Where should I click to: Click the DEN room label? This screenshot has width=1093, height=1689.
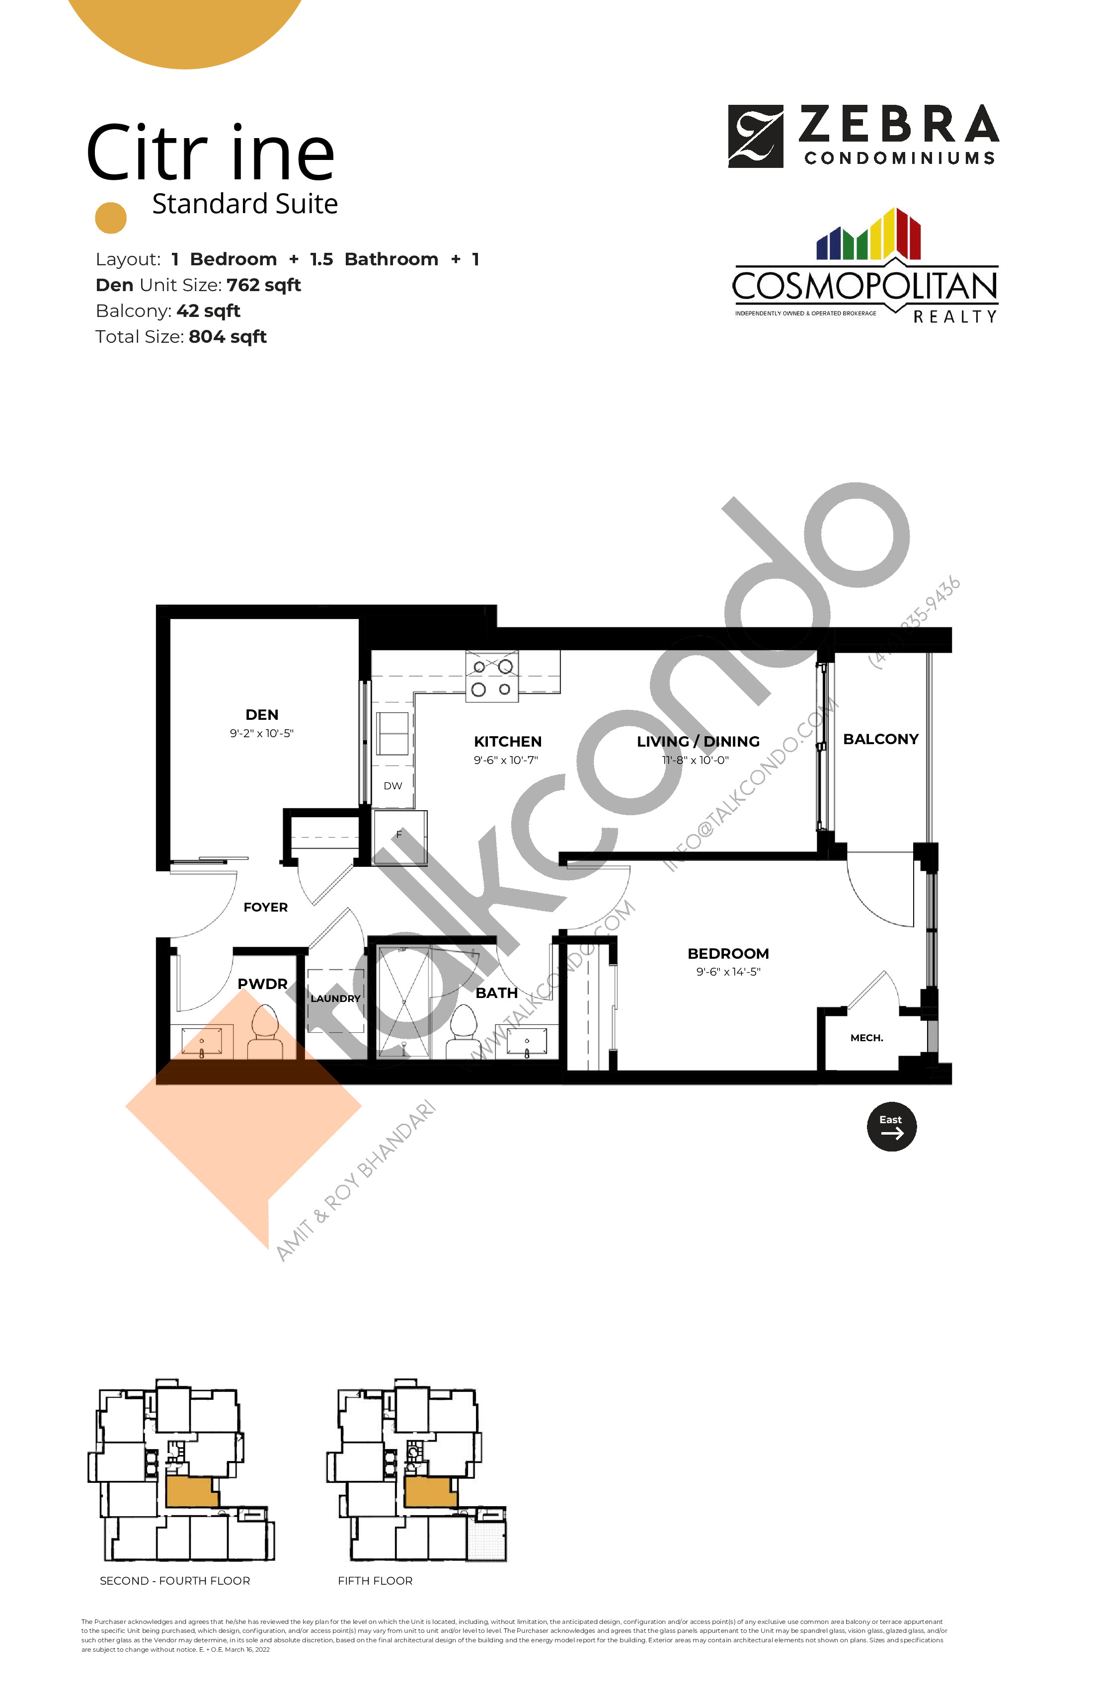pos(261,715)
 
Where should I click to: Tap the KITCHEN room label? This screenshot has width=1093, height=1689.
pos(507,742)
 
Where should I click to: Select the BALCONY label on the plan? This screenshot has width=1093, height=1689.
pos(880,740)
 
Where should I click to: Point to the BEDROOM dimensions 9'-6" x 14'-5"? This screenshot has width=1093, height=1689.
pos(728,972)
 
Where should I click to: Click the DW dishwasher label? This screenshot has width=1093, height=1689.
pos(392,785)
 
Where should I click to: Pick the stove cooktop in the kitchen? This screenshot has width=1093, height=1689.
pos(492,677)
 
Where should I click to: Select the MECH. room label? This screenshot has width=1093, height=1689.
pos(866,1038)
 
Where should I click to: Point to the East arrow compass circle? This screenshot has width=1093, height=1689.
pos(891,1127)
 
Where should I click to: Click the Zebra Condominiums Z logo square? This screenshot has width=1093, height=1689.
pos(755,136)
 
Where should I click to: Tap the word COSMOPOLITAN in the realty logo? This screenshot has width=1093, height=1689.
pos(864,287)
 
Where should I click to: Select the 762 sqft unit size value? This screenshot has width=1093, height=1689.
pos(263,285)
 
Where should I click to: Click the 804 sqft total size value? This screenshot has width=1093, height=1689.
pos(227,337)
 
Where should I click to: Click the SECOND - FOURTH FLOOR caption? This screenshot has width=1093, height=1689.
pos(174,1580)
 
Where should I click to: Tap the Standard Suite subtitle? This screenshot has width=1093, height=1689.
pos(245,204)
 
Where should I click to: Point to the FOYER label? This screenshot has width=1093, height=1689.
pos(265,907)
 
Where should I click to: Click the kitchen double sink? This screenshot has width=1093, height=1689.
pos(392,733)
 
